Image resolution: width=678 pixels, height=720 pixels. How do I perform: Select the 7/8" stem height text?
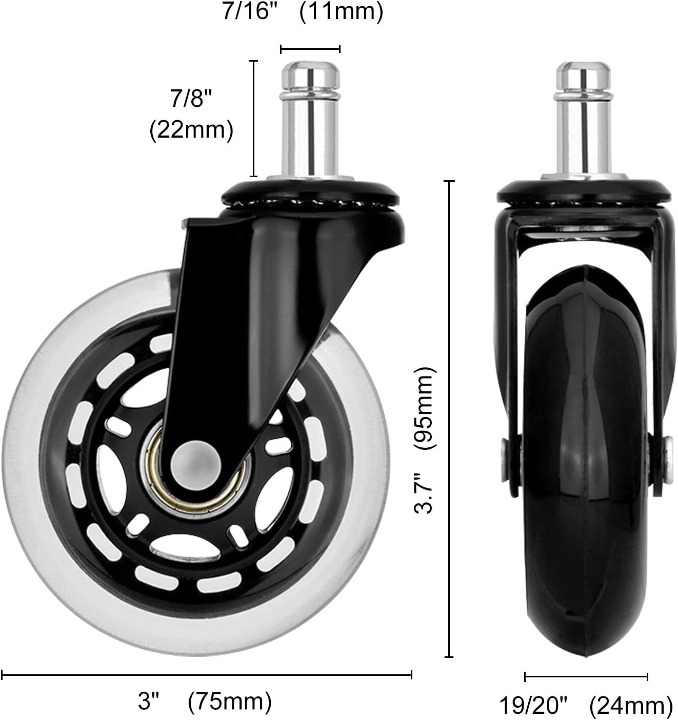pyautogui.click(x=191, y=98)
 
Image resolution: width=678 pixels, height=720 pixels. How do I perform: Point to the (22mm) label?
pyautogui.click(x=191, y=130)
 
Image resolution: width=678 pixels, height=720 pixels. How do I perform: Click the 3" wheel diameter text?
pyautogui.click(x=149, y=701)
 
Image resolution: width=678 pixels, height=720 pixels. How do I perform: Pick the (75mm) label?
pyautogui.click(x=230, y=701)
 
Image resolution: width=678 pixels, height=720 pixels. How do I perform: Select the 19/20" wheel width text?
pyautogui.click(x=533, y=706)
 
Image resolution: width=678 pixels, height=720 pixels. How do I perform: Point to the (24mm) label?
pyautogui.click(x=630, y=706)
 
